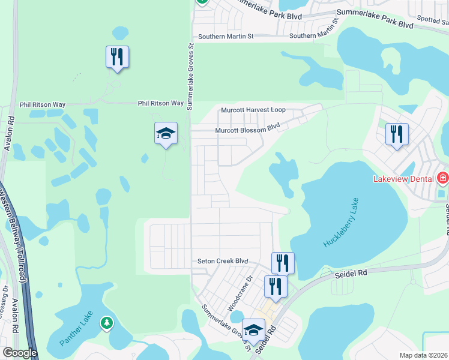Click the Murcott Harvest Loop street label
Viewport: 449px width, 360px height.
253,110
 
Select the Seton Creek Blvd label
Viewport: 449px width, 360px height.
223,262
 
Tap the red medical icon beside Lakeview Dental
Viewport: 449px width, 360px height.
443,178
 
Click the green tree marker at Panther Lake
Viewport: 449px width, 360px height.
107,323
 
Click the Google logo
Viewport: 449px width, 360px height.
20,353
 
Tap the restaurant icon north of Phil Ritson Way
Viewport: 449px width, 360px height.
118,57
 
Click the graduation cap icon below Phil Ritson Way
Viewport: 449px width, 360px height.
166,133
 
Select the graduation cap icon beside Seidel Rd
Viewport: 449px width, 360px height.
253,329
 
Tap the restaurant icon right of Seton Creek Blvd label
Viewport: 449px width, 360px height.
283,263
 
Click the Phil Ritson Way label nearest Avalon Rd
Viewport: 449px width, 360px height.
42,104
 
